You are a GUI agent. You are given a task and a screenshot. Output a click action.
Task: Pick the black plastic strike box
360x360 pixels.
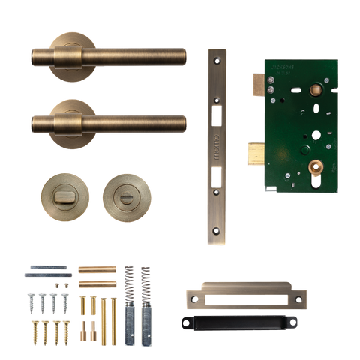[x=239, y=321]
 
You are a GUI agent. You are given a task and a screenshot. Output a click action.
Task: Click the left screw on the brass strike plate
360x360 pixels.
[x=194, y=298]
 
